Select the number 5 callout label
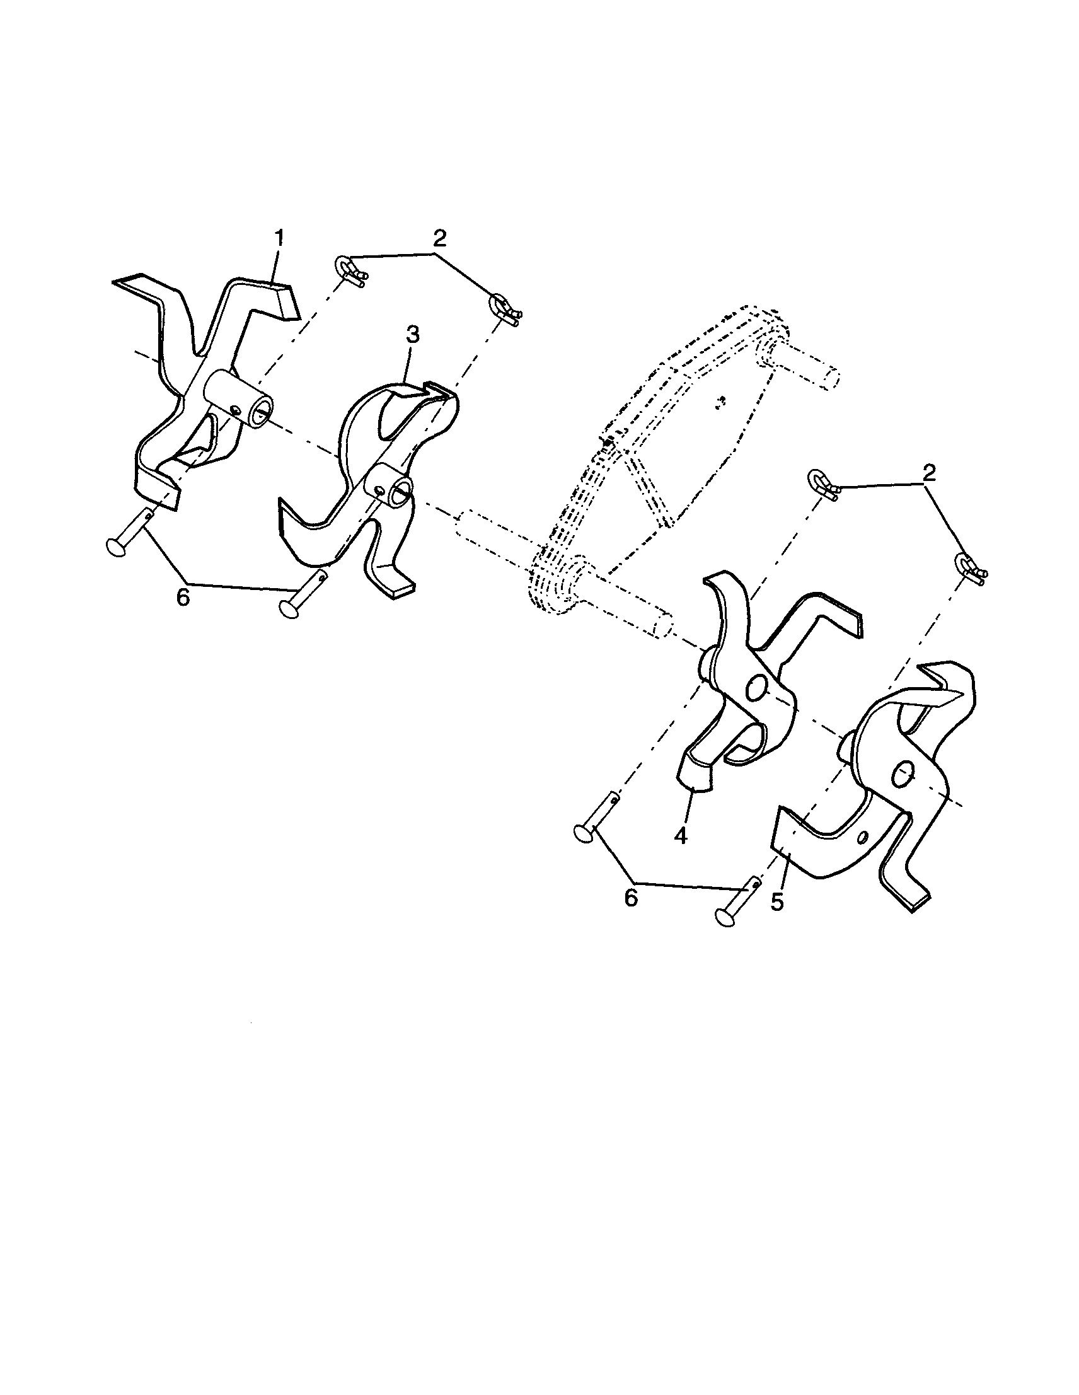click(777, 903)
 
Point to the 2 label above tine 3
click(439, 238)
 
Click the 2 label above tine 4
click(929, 473)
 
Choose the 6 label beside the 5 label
click(631, 898)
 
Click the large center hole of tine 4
click(756, 688)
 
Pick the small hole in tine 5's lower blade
click(863, 836)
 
